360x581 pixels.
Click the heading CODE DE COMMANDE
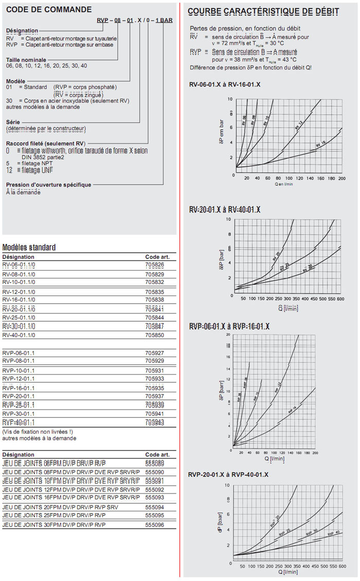coord(49,9)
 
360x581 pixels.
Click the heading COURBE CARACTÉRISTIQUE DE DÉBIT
coord(263,11)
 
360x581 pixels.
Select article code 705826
coord(154,265)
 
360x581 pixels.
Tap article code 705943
coord(154,422)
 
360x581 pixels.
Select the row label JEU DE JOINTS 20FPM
coord(28,507)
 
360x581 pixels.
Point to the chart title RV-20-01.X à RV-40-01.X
coord(225,209)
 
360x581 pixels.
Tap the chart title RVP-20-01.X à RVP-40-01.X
coord(229,474)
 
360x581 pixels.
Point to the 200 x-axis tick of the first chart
coord(342,178)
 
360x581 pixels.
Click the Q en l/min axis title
coord(283,184)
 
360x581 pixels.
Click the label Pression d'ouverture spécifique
coord(48,185)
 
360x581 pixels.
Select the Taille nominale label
coord(23,60)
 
